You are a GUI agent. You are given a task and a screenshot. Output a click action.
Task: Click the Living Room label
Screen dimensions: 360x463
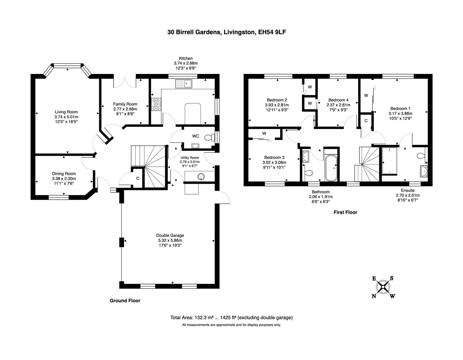click(66, 112)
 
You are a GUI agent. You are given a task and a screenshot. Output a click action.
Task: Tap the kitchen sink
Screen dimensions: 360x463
click(184, 83)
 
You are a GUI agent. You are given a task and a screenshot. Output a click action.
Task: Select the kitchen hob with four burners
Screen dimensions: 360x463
click(156, 104)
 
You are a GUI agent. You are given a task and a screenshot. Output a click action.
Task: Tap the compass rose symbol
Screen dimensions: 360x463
click(383, 286)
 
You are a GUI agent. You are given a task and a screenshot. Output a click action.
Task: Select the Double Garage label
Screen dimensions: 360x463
click(170, 235)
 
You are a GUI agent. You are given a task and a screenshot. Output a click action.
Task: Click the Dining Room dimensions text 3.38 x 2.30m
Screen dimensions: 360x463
click(64, 178)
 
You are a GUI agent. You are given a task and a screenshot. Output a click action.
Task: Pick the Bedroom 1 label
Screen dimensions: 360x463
click(400, 108)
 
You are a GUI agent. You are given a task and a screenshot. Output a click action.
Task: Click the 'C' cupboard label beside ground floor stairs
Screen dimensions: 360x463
click(137, 178)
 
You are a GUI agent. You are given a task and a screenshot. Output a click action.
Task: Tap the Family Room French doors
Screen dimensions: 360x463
click(125, 82)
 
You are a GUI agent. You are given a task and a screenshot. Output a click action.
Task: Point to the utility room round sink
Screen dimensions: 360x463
click(201, 176)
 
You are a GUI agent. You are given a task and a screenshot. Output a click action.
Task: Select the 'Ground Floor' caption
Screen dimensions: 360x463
click(125, 301)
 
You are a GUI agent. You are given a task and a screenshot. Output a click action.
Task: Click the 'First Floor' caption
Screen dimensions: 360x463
click(345, 212)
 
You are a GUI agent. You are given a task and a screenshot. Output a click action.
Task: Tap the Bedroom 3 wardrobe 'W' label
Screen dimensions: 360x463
click(264, 133)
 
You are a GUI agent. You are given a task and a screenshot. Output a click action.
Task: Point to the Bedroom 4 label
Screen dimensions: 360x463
click(338, 100)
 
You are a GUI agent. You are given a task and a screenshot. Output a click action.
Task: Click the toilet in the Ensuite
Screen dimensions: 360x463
click(421, 156)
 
